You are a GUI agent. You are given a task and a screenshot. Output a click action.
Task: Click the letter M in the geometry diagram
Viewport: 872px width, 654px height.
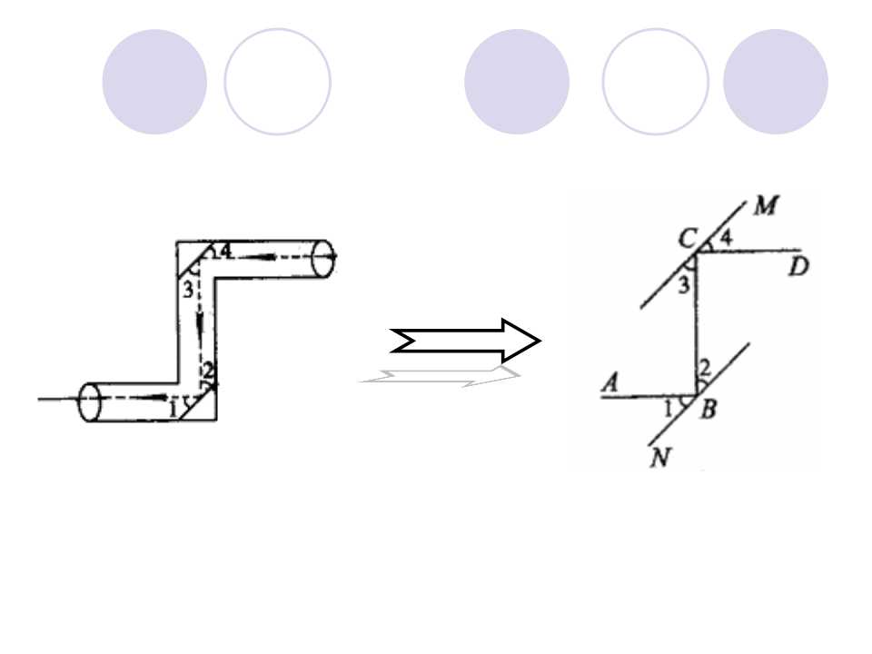click(x=767, y=206)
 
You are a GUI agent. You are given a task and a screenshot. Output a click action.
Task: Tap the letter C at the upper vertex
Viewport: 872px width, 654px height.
click(x=688, y=239)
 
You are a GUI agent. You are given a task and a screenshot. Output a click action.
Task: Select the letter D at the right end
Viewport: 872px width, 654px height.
click(x=798, y=268)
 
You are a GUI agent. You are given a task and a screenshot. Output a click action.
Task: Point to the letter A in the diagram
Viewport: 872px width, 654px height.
click(x=610, y=382)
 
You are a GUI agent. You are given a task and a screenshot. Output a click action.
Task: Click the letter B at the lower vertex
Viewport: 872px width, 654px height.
click(x=708, y=410)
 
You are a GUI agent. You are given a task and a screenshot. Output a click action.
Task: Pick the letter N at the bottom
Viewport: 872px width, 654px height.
click(x=660, y=458)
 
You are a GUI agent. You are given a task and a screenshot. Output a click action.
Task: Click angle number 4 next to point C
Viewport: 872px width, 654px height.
click(x=727, y=238)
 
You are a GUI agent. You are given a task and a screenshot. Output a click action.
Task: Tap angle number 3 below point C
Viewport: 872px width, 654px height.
click(x=684, y=284)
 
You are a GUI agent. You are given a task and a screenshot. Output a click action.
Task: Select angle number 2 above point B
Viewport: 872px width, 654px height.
click(x=705, y=368)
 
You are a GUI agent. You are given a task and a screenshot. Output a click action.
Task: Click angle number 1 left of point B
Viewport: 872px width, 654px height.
click(x=669, y=410)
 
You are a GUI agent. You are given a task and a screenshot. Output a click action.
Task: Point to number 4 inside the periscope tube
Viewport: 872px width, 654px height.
click(x=224, y=252)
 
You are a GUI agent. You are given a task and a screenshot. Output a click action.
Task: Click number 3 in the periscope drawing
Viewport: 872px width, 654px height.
click(x=188, y=289)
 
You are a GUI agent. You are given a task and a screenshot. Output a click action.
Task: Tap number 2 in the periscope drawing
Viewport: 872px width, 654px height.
click(x=207, y=370)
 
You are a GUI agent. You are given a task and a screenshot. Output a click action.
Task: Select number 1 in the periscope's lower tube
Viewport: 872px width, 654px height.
click(x=173, y=411)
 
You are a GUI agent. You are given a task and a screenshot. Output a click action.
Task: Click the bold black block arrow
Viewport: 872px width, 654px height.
click(x=466, y=341)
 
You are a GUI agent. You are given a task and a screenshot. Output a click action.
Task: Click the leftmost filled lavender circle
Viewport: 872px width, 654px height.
click(x=154, y=82)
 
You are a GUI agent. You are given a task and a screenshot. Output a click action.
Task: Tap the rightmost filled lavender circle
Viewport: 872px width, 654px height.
click(x=776, y=82)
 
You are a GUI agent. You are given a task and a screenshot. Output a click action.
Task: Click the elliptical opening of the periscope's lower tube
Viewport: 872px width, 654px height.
click(x=90, y=402)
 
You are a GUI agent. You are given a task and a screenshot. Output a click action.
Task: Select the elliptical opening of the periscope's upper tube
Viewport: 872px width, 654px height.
click(x=322, y=258)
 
